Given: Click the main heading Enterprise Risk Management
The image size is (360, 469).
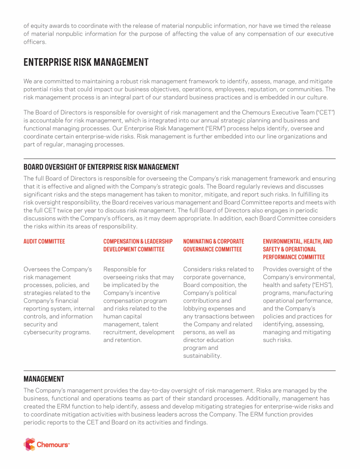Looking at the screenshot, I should tap(86, 62).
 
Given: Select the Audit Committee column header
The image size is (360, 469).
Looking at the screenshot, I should tap(44, 242).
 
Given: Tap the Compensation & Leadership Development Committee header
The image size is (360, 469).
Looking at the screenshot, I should tap(135, 245).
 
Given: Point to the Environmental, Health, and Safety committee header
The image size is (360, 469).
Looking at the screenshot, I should tap(298, 249).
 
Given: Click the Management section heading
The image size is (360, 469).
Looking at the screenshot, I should tap(44, 378).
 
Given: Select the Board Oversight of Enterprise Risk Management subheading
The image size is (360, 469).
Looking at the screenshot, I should tap(101, 167).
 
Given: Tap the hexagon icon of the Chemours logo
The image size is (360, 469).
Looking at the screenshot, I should tap(30, 444).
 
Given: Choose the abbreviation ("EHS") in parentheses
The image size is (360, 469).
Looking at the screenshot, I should tap(318, 285).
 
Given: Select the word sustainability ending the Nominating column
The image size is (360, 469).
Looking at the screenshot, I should tap(202, 356).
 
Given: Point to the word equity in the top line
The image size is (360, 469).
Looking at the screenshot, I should tap(39, 26).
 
